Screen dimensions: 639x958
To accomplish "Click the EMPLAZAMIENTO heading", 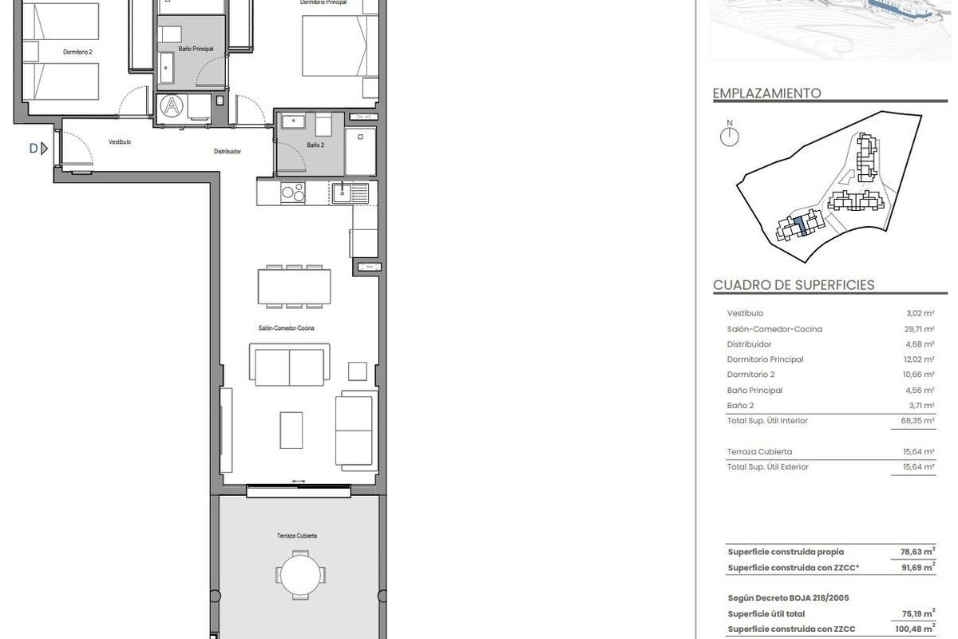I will [766, 93].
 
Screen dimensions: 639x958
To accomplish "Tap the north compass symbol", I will [730, 135].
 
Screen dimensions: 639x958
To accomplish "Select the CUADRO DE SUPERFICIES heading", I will [793, 285].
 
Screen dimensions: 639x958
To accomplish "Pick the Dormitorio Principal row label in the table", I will [765, 359].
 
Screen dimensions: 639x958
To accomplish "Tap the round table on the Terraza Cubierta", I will [302, 574].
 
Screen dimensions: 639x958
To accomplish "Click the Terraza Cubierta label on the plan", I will [297, 536].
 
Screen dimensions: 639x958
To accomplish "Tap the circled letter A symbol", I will [171, 106].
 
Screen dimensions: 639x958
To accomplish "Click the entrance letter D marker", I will [34, 148].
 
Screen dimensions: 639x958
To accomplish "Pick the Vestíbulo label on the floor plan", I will [120, 142].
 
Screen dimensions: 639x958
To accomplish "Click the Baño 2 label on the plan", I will [315, 145].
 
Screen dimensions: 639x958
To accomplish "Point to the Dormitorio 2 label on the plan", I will [78, 52].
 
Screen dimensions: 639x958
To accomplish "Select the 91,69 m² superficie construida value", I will [913, 568].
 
